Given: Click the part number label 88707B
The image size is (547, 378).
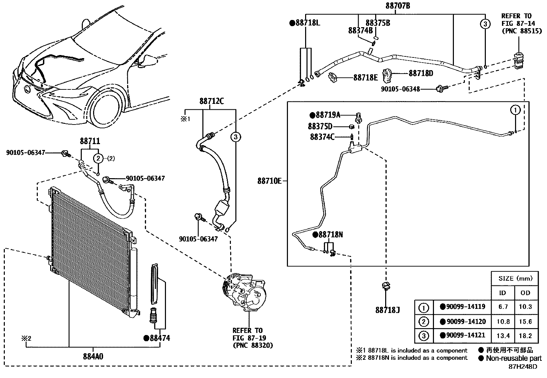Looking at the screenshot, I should (x=395, y=6).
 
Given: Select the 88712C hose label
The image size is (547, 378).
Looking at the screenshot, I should (x=211, y=101).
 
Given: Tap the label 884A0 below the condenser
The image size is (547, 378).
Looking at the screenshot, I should (x=93, y=357).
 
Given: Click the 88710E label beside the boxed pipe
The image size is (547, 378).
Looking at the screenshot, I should (x=269, y=181).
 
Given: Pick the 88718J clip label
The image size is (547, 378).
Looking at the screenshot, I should (x=387, y=310).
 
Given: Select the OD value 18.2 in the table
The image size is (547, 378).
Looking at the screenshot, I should (x=525, y=336).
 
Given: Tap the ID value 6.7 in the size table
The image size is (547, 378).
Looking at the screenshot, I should (x=503, y=307).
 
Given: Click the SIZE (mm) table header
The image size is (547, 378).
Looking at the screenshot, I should (x=514, y=278).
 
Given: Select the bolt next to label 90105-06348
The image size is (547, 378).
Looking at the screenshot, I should (x=440, y=89).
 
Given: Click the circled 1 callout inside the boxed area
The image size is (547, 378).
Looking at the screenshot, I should (x=515, y=110).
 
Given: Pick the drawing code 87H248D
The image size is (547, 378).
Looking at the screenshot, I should (x=523, y=367).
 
